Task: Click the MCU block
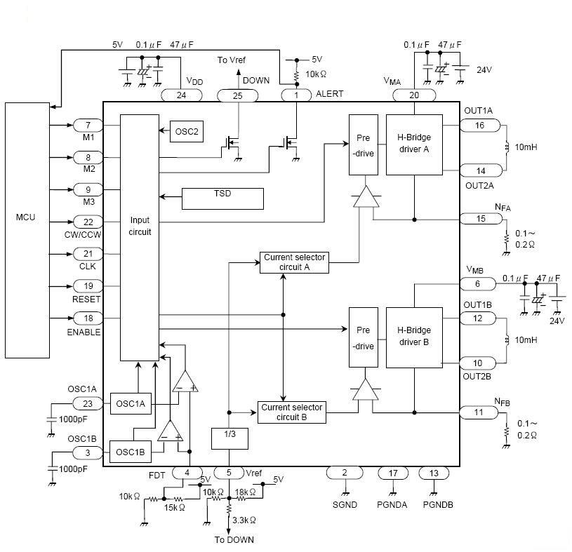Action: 27,217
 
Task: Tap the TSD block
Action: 222,198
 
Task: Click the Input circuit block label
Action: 140,226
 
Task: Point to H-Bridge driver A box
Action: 414,144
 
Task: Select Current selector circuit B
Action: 291,412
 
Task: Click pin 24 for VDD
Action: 182,95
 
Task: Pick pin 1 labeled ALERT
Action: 296,95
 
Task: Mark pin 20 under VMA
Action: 413,95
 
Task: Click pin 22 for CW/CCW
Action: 88,222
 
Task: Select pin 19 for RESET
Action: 88,286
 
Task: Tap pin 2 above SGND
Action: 345,473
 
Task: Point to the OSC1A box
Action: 131,403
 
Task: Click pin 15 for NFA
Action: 480,219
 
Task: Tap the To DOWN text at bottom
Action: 234,540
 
